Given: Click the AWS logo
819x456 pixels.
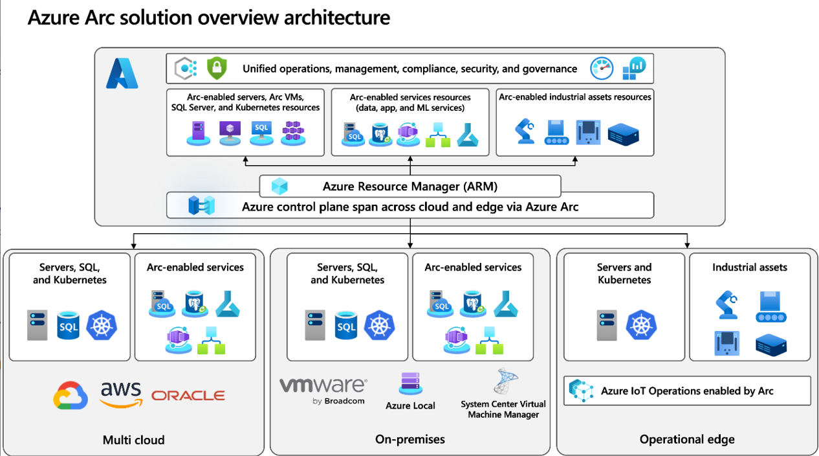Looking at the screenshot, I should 120,394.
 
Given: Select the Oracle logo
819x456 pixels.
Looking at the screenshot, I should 188,395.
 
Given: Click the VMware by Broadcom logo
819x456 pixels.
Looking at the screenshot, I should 323,391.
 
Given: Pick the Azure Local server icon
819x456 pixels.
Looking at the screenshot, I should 410,383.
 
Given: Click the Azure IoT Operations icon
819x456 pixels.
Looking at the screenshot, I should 581,391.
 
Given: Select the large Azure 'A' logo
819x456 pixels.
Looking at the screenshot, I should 122,73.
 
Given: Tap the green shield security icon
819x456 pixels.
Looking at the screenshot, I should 216,68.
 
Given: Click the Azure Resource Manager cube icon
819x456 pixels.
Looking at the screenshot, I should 279,187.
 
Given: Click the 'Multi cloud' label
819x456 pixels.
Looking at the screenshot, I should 134,440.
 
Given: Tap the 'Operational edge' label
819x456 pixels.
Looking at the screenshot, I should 687,440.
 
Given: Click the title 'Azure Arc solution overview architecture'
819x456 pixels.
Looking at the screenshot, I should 208,17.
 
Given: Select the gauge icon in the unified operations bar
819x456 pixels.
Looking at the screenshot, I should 602,68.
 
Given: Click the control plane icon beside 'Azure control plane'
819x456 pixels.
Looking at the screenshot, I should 201,207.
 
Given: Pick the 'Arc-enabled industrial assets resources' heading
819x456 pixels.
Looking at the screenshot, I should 575,97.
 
